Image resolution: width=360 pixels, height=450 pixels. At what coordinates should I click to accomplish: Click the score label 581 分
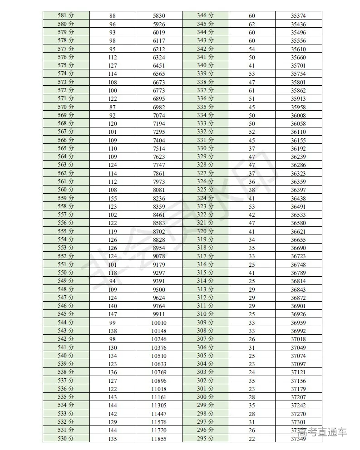[x=66, y=15]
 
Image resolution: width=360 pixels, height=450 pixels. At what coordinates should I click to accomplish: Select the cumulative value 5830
[x=159, y=15]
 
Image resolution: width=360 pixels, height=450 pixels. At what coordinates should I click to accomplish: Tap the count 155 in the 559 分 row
[x=113, y=198]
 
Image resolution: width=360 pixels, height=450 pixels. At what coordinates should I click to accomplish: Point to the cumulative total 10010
[x=159, y=323]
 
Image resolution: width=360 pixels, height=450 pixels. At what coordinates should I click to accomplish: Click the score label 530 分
[x=66, y=439]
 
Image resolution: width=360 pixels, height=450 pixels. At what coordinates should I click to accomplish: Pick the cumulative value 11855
[x=159, y=439]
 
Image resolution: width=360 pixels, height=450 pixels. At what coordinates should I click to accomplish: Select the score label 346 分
[x=205, y=15]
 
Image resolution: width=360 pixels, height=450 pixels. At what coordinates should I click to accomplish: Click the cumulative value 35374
[x=298, y=15]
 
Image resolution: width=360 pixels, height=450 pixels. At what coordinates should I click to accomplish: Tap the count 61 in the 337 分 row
[x=252, y=90]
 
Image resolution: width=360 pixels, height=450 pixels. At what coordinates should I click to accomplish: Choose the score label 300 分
[x=205, y=397]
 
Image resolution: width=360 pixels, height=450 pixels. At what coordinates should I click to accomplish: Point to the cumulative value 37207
[x=298, y=397]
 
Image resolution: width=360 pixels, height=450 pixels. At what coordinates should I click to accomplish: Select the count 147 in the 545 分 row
[x=113, y=314]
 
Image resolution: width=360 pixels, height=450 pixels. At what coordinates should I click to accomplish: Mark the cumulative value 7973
[x=159, y=181]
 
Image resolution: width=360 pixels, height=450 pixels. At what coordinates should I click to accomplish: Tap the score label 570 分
[x=66, y=107]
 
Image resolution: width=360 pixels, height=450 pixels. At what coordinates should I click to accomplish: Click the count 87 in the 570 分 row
[x=113, y=107]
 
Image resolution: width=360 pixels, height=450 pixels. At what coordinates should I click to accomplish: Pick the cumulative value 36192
[x=298, y=148]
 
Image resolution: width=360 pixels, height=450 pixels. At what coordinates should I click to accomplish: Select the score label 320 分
[x=205, y=231]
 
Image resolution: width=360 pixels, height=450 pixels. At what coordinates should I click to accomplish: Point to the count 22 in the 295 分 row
[x=252, y=439]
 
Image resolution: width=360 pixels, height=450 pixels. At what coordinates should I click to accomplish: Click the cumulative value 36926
[x=298, y=314]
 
